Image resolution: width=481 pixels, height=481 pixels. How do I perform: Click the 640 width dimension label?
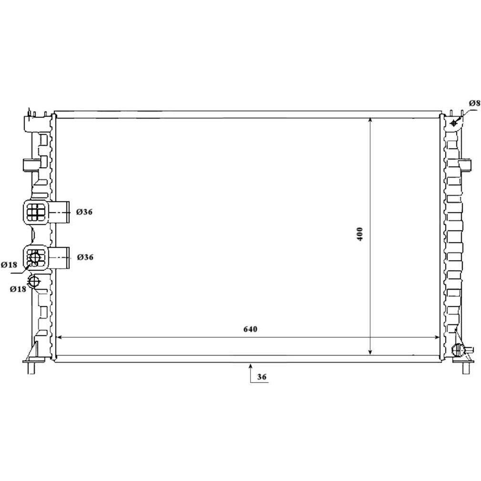(x=250, y=329)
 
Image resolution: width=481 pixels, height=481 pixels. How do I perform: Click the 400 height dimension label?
(x=360, y=234)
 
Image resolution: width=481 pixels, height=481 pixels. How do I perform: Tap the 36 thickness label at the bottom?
(x=262, y=377)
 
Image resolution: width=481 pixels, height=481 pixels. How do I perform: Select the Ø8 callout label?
(x=474, y=103)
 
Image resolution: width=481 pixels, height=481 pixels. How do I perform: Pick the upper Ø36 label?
(x=84, y=212)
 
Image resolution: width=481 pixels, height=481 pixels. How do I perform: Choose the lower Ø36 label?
(x=85, y=257)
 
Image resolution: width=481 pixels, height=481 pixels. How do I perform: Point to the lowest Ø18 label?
(x=18, y=289)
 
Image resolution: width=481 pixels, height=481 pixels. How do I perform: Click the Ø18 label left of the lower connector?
(x=9, y=265)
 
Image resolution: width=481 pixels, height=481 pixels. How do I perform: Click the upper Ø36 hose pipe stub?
(x=59, y=212)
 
